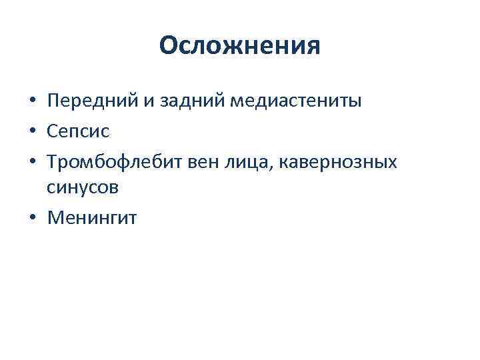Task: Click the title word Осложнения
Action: pyautogui.click(x=240, y=45)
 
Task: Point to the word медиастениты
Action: pyautogui.click(x=296, y=102)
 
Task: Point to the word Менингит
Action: pyautogui.click(x=91, y=217)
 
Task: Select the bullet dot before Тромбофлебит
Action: pyautogui.click(x=32, y=161)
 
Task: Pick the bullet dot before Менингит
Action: pyautogui.click(x=32, y=218)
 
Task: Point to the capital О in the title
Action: pyautogui.click(x=169, y=45)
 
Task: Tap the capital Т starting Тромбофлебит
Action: pyautogui.click(x=53, y=161)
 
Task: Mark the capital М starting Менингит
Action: pyautogui.click(x=55, y=217)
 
